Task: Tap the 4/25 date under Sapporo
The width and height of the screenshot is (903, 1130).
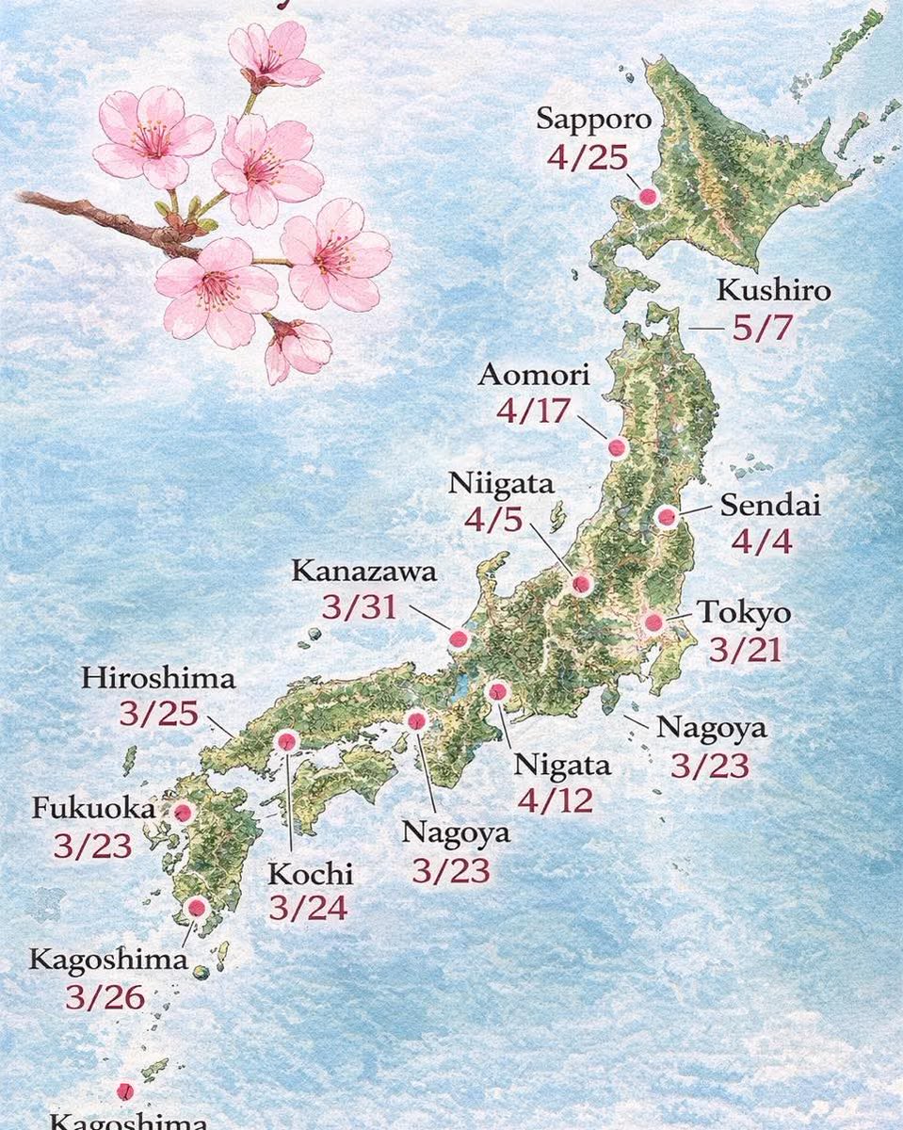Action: pyautogui.click(x=588, y=156)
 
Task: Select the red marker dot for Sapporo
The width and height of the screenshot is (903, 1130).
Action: pyautogui.click(x=647, y=197)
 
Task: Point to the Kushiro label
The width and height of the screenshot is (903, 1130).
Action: pyautogui.click(x=773, y=290)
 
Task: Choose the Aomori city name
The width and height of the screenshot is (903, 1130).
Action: pyautogui.click(x=534, y=375)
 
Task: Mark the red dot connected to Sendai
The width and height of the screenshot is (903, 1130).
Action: pyautogui.click(x=667, y=516)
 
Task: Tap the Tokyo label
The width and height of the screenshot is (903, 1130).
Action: pyautogui.click(x=744, y=614)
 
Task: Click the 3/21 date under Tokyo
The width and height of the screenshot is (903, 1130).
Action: pyautogui.click(x=745, y=650)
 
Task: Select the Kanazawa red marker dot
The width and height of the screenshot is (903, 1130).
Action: pyautogui.click(x=459, y=639)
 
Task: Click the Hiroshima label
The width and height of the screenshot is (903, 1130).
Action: pyautogui.click(x=158, y=678)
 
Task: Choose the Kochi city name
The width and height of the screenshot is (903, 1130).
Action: pyautogui.click(x=311, y=874)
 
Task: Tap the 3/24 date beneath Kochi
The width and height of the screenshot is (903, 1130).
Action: pyautogui.click(x=308, y=909)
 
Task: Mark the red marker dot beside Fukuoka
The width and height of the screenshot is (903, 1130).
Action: pyautogui.click(x=184, y=812)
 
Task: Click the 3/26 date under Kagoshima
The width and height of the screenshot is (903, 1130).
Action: pyautogui.click(x=105, y=996)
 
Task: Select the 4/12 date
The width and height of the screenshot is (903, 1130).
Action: pyautogui.click(x=556, y=800)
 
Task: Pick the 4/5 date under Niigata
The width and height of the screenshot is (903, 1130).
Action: pyautogui.click(x=492, y=520)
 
